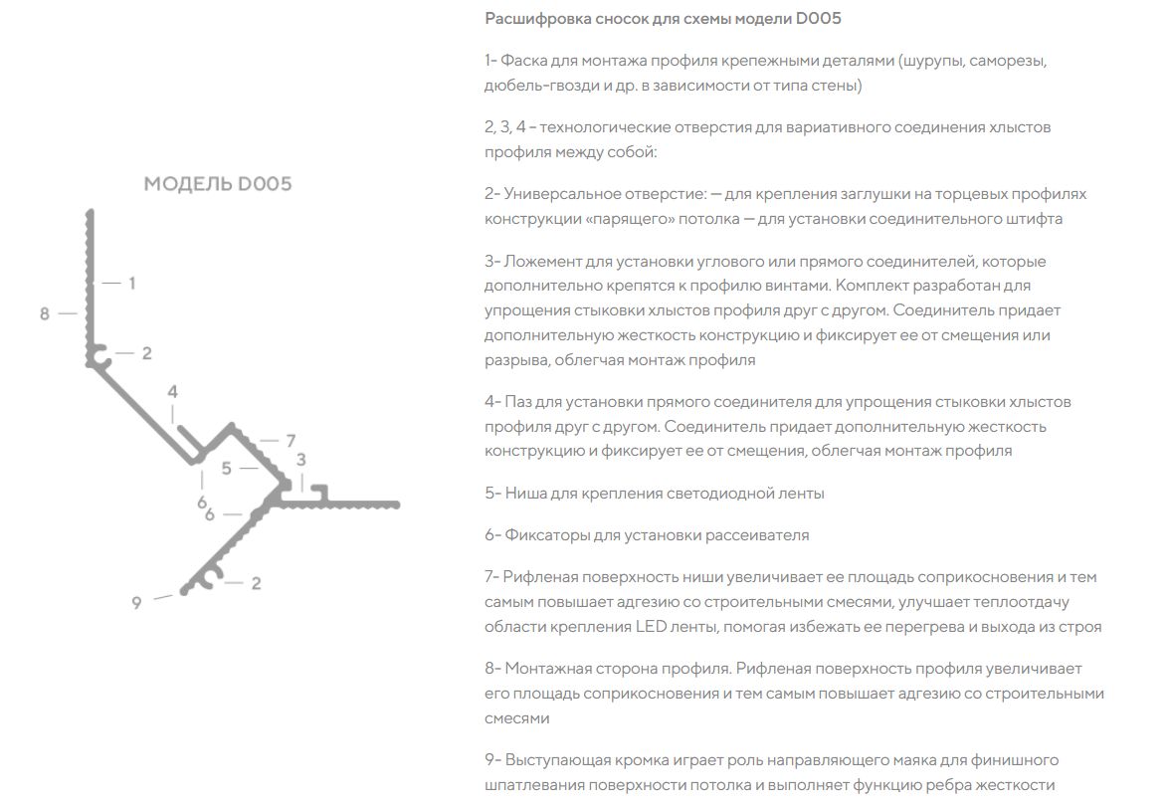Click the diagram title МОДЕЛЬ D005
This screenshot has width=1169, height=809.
click(218, 184)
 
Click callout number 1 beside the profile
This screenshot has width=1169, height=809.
click(131, 284)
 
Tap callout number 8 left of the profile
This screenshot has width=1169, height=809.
click(45, 314)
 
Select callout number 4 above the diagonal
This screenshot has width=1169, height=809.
click(172, 392)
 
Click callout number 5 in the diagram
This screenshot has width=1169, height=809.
click(227, 468)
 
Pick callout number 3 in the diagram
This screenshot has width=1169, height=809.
click(300, 459)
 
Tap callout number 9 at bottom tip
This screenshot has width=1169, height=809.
click(136, 603)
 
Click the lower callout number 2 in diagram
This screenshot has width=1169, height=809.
click(256, 584)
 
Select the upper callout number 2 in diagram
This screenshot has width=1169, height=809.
click(146, 353)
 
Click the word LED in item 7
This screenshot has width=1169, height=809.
click(649, 627)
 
